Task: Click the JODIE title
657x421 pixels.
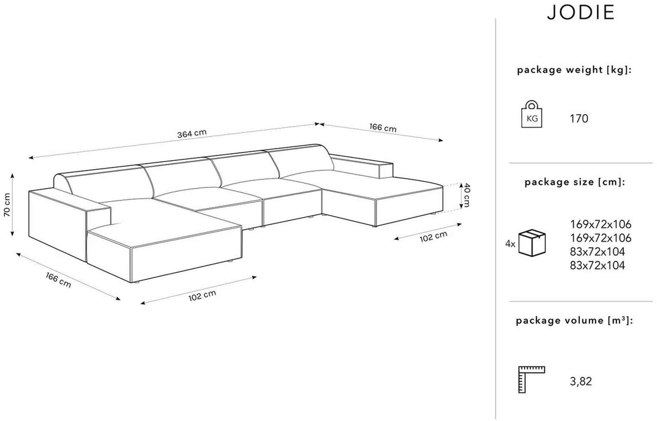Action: point(580,12)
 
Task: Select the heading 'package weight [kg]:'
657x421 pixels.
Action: point(574,70)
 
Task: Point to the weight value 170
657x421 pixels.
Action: point(579,119)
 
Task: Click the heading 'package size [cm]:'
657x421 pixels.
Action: point(575,182)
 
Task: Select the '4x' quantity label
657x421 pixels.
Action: point(510,244)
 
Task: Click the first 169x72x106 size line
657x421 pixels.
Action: point(600,224)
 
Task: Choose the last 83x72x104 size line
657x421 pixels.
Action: point(597,266)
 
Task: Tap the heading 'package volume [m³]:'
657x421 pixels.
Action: point(574,321)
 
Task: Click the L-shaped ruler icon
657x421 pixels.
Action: point(531,379)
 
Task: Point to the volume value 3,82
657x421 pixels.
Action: point(581,382)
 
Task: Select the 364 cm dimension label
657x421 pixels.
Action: point(192,133)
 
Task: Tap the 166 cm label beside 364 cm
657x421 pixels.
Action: point(383,128)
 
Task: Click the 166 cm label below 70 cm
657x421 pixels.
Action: point(58,280)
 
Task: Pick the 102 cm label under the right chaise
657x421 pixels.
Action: point(433,237)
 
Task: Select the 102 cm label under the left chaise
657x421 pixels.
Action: point(202,295)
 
